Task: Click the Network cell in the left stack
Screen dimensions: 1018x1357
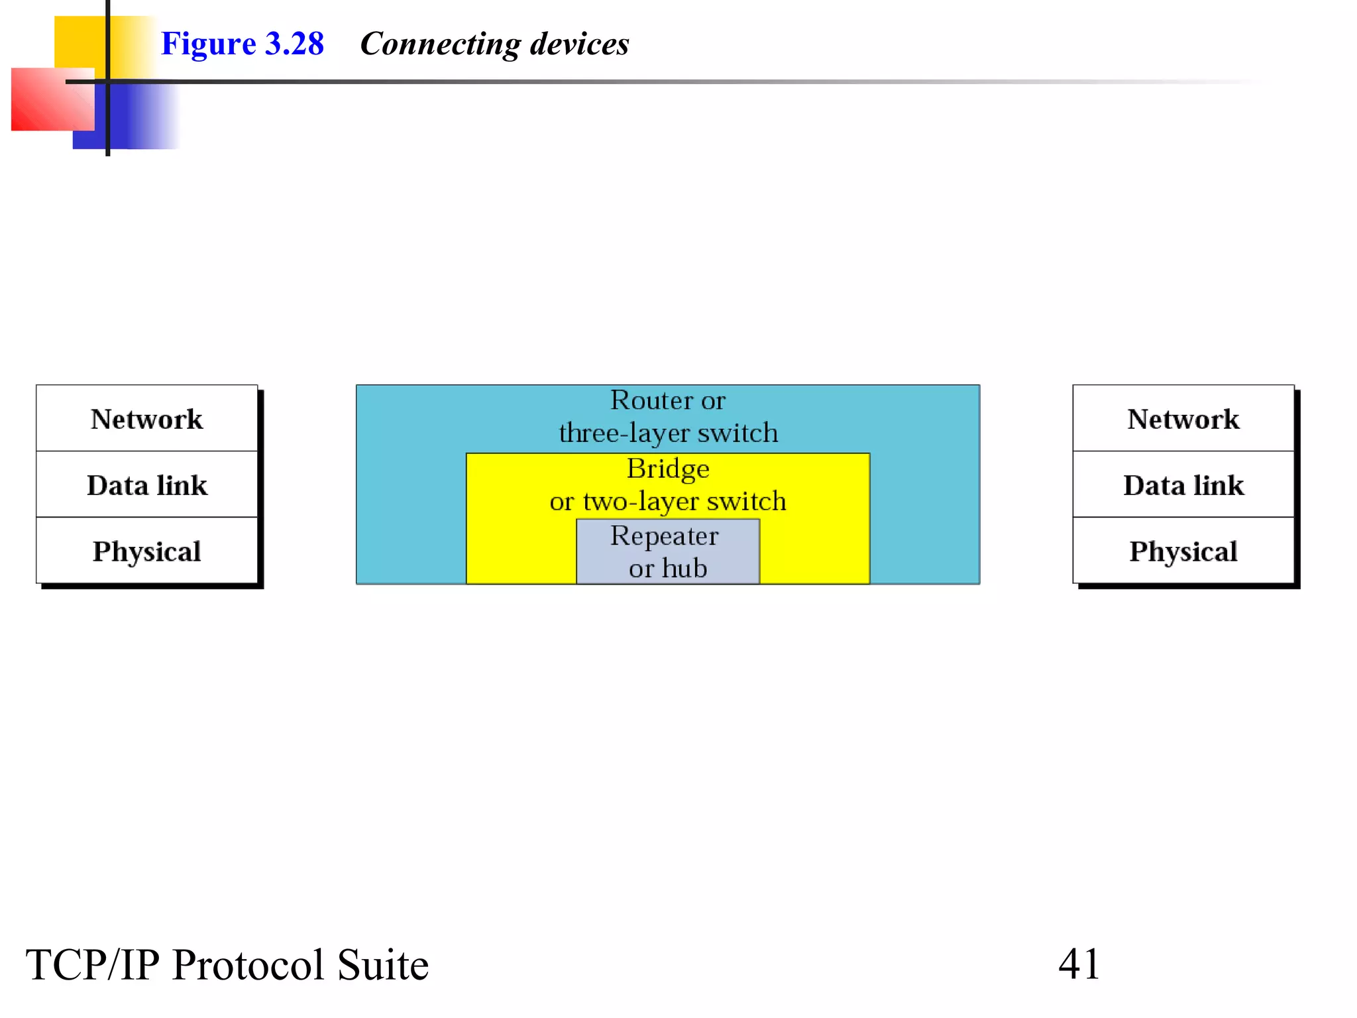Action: tap(146, 419)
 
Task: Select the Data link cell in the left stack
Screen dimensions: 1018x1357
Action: tap(146, 485)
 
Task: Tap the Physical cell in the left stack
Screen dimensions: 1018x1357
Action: tap(146, 551)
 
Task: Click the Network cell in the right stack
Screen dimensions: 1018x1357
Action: tap(1183, 419)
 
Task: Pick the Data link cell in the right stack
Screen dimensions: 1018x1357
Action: tap(1183, 485)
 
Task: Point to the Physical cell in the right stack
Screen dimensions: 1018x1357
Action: tap(1183, 551)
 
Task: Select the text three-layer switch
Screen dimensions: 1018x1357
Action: tap(668, 433)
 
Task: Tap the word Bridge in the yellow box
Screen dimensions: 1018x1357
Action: tap(668, 469)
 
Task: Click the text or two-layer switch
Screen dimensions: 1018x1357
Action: tap(668, 501)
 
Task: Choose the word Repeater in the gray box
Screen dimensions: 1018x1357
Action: tap(664, 536)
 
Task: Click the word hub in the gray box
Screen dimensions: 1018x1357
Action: tap(684, 568)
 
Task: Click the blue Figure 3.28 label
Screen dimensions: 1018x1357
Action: tap(243, 44)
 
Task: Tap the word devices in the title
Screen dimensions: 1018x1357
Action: tap(579, 44)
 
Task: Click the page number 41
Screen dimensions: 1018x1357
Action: tap(1079, 964)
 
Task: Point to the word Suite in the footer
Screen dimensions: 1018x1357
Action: tap(382, 964)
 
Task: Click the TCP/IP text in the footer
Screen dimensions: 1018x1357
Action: tap(93, 964)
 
